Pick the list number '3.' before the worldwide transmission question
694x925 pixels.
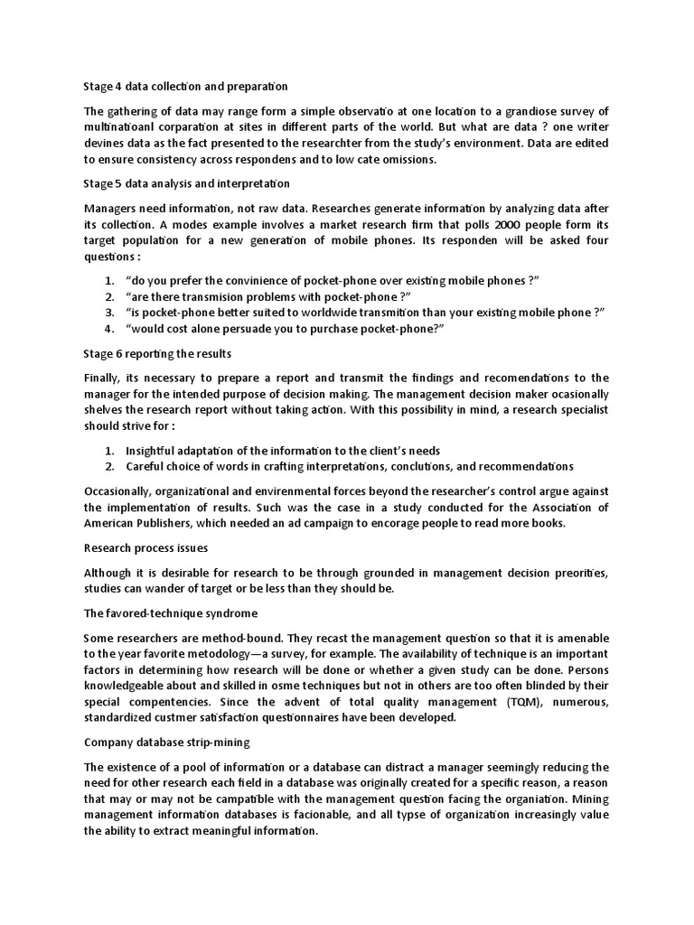108,312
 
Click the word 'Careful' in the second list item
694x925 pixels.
146,466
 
